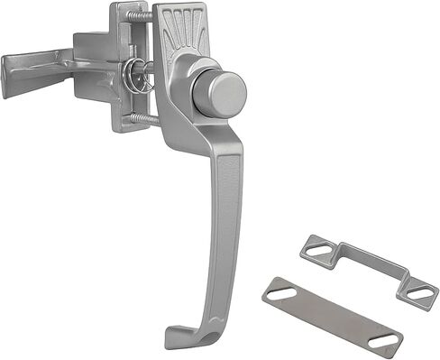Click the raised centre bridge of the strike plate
pos(361,261)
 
